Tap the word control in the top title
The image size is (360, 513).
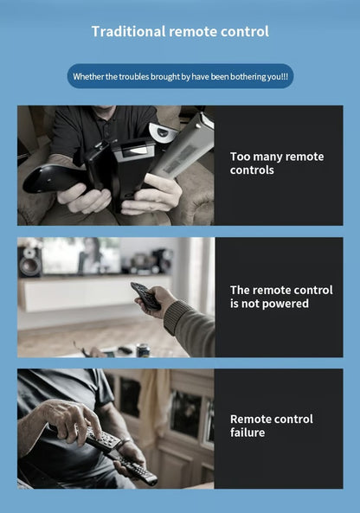[243, 32]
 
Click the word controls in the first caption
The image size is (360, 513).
[252, 170]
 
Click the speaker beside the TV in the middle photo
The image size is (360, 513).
[30, 260]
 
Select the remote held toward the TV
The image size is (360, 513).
[145, 297]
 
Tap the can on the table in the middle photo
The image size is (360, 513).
[144, 350]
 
